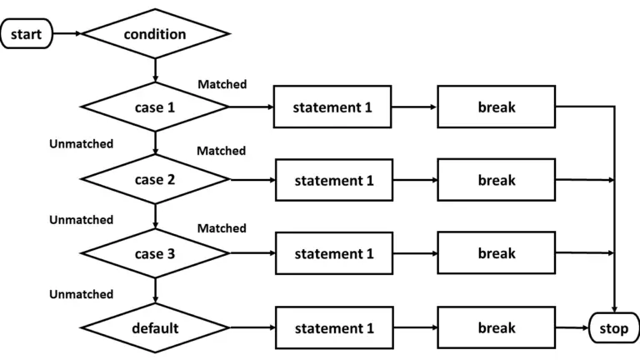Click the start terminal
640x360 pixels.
pyautogui.click(x=27, y=34)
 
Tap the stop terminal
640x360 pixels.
pyautogui.click(x=613, y=328)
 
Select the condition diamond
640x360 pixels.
pyautogui.click(x=155, y=34)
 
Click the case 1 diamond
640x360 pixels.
pyautogui.click(x=155, y=107)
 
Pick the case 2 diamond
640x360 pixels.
pyautogui.click(x=155, y=179)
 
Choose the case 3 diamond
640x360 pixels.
pyautogui.click(x=155, y=253)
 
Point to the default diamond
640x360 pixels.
pyautogui.click(x=155, y=328)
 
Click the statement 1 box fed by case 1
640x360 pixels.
pyautogui.click(x=332, y=107)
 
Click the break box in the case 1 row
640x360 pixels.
pyautogui.click(x=497, y=107)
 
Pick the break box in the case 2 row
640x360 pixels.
pyautogui.click(x=497, y=179)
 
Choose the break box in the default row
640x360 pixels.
pyautogui.click(x=497, y=328)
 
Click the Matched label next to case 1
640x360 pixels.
pyautogui.click(x=222, y=85)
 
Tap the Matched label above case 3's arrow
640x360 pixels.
pyautogui.click(x=222, y=228)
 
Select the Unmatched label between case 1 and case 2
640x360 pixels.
pyautogui.click(x=81, y=144)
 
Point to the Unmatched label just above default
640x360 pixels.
pyautogui.click(x=81, y=294)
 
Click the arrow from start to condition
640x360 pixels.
pyautogui.click(x=67, y=34)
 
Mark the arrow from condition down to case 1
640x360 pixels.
pyautogui.click(x=156, y=70)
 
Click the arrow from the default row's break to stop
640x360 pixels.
pyautogui.click(x=572, y=328)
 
